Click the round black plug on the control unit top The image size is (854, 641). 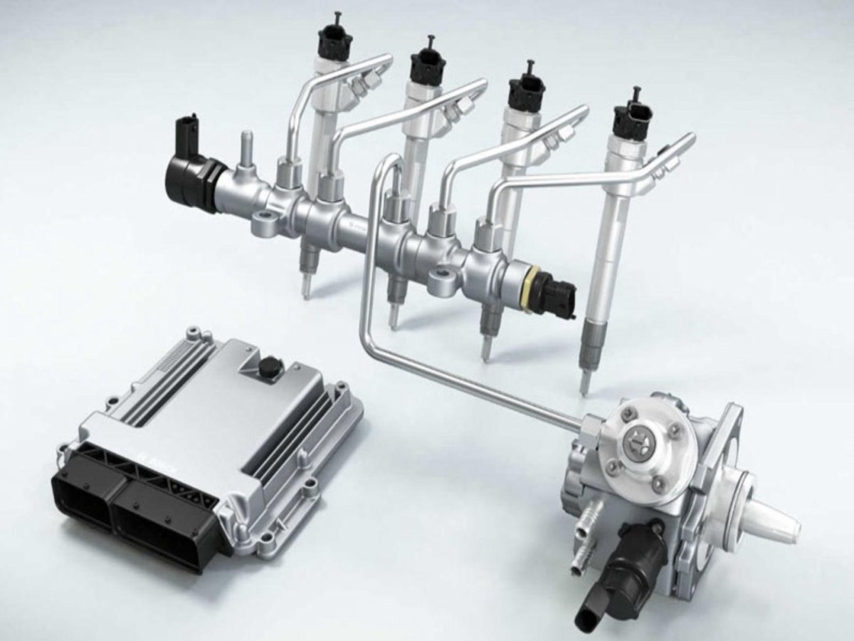(270, 368)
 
